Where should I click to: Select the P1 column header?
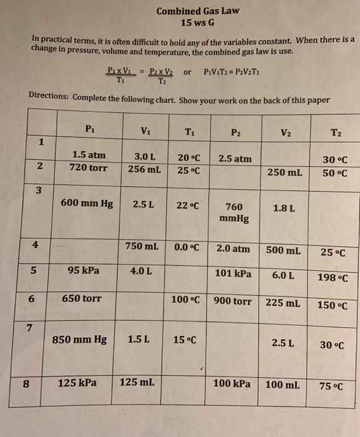click(89, 129)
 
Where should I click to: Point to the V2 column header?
click(285, 132)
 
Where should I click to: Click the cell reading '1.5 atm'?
click(89, 155)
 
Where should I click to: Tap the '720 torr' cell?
click(89, 168)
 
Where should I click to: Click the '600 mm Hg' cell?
click(86, 203)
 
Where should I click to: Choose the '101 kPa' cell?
click(233, 273)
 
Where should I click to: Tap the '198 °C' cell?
click(333, 278)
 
